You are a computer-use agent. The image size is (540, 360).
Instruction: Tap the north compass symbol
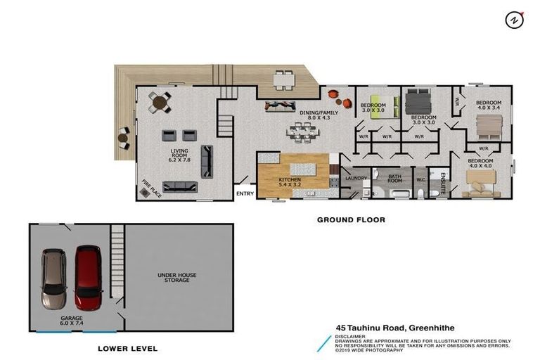pos(514,20)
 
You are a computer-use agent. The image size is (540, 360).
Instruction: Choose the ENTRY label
pos(245,194)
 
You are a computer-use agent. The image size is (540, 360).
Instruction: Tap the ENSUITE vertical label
pos(443,181)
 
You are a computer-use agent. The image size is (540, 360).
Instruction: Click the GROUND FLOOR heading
pos(351,220)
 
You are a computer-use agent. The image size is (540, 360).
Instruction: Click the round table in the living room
pos(160,103)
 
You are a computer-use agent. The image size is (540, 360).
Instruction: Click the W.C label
pos(421,178)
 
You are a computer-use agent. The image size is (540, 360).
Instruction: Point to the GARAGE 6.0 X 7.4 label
pos(72,320)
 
